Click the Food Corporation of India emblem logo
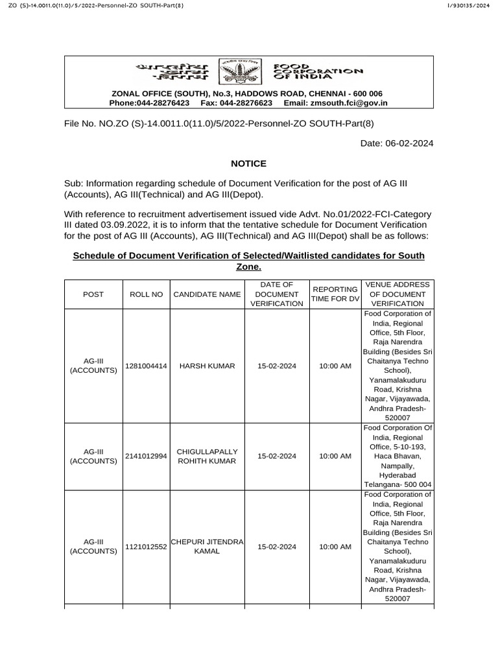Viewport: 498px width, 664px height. (234, 71)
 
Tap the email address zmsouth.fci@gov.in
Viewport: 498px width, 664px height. (350, 102)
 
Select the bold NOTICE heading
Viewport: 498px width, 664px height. (249, 163)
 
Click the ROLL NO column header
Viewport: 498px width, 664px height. (147, 294)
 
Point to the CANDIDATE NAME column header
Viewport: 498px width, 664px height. (207, 294)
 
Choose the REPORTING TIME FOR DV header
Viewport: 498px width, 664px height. (335, 294)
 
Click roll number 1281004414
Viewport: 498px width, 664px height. (147, 366)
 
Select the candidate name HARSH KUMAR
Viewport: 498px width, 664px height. (207, 366)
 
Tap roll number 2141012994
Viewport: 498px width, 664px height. (147, 456)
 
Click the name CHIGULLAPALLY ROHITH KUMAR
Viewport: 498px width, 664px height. (207, 456)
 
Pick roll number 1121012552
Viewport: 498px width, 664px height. (147, 547)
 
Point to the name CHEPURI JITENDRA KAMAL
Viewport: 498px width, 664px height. (207, 546)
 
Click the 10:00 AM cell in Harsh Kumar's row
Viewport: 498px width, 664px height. (335, 366)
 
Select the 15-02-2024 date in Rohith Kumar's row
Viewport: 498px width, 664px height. (277, 456)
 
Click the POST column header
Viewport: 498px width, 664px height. (93, 294)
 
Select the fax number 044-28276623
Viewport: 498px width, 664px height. (247, 102)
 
